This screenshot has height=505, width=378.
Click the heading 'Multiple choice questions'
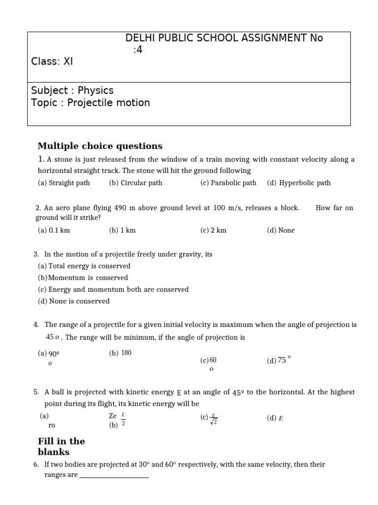pyautogui.click(x=100, y=146)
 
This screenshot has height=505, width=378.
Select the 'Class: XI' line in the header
pyautogui.click(x=52, y=61)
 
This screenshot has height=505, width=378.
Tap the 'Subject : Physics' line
pyautogui.click(x=72, y=90)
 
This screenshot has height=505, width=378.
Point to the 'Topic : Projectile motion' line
pyautogui.click(x=91, y=103)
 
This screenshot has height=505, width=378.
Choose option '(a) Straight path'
pyautogui.click(x=64, y=183)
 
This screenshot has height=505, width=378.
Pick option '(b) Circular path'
pyautogui.click(x=135, y=183)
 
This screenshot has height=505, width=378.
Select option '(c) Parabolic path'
pyautogui.click(x=228, y=183)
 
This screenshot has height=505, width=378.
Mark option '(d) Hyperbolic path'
pyautogui.click(x=299, y=183)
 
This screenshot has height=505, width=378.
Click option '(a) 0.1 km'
pyautogui.click(x=56, y=230)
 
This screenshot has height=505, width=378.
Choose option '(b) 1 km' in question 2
pyautogui.click(x=122, y=230)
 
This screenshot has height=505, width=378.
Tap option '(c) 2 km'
pyautogui.click(x=213, y=230)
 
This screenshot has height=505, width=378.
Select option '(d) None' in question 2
pyautogui.click(x=281, y=230)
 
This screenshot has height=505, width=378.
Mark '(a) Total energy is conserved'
pyautogui.click(x=84, y=266)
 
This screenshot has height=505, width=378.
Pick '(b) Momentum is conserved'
pyautogui.click(x=83, y=278)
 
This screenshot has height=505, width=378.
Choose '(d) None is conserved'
pyautogui.click(x=74, y=301)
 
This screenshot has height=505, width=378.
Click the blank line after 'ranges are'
pyautogui.click(x=114, y=475)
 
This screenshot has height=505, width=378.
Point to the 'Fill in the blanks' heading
pyautogui.click(x=61, y=446)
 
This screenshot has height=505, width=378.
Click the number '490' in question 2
pyautogui.click(x=121, y=208)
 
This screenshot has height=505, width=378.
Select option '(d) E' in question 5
pyautogui.click(x=275, y=419)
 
